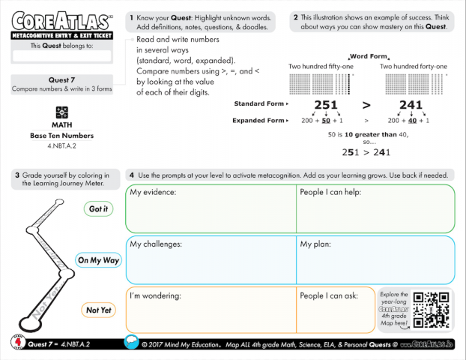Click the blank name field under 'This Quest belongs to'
(x=61, y=56)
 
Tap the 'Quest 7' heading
(x=62, y=79)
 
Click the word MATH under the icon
(x=61, y=124)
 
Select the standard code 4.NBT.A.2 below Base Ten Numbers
(x=61, y=145)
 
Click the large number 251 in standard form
(x=326, y=105)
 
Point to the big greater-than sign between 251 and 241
(x=367, y=105)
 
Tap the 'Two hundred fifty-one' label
(x=321, y=66)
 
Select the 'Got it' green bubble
(x=98, y=209)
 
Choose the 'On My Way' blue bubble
(x=98, y=261)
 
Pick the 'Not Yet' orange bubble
(x=98, y=310)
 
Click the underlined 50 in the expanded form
(x=326, y=120)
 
